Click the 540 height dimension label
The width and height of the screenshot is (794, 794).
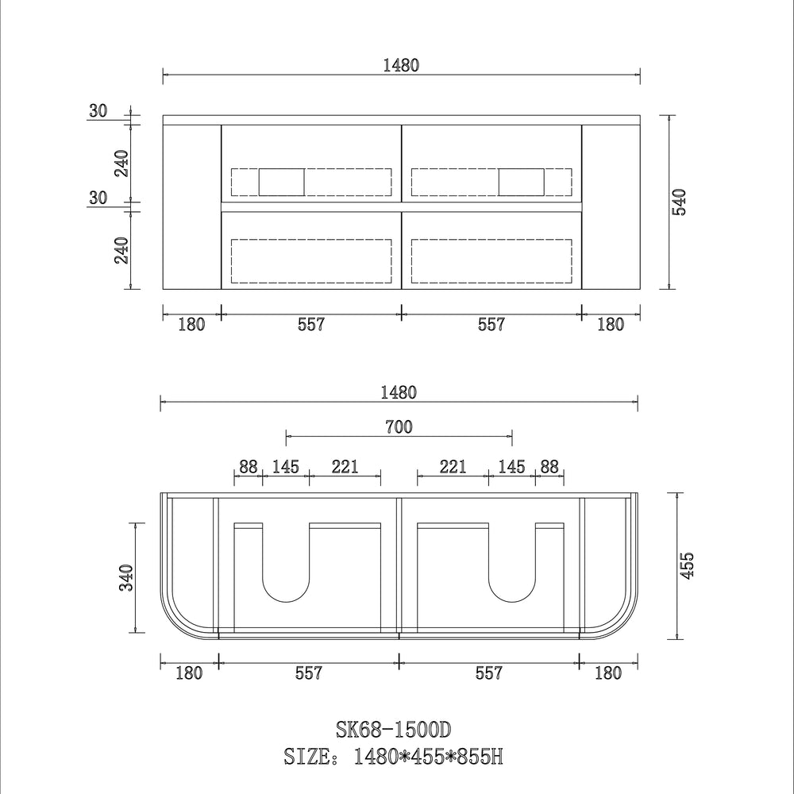coord(680,202)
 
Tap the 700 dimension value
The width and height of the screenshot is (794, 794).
coord(399,427)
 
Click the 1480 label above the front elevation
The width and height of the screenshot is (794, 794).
coord(401,66)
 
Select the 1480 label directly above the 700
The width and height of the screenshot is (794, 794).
coord(399,391)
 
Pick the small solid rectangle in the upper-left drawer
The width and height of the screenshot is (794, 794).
coord(282,182)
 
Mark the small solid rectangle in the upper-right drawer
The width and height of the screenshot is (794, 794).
coord(521,182)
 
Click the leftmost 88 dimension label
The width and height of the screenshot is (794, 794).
coord(249,466)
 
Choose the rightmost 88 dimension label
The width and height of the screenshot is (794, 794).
coord(549,466)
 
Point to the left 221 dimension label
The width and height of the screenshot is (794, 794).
coord(345,466)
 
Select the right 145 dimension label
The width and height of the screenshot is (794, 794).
coord(512,466)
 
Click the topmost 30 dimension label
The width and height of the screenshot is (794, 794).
coord(98,111)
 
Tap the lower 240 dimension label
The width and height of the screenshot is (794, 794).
coord(121,250)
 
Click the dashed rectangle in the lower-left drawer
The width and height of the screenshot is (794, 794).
coord(311,261)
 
